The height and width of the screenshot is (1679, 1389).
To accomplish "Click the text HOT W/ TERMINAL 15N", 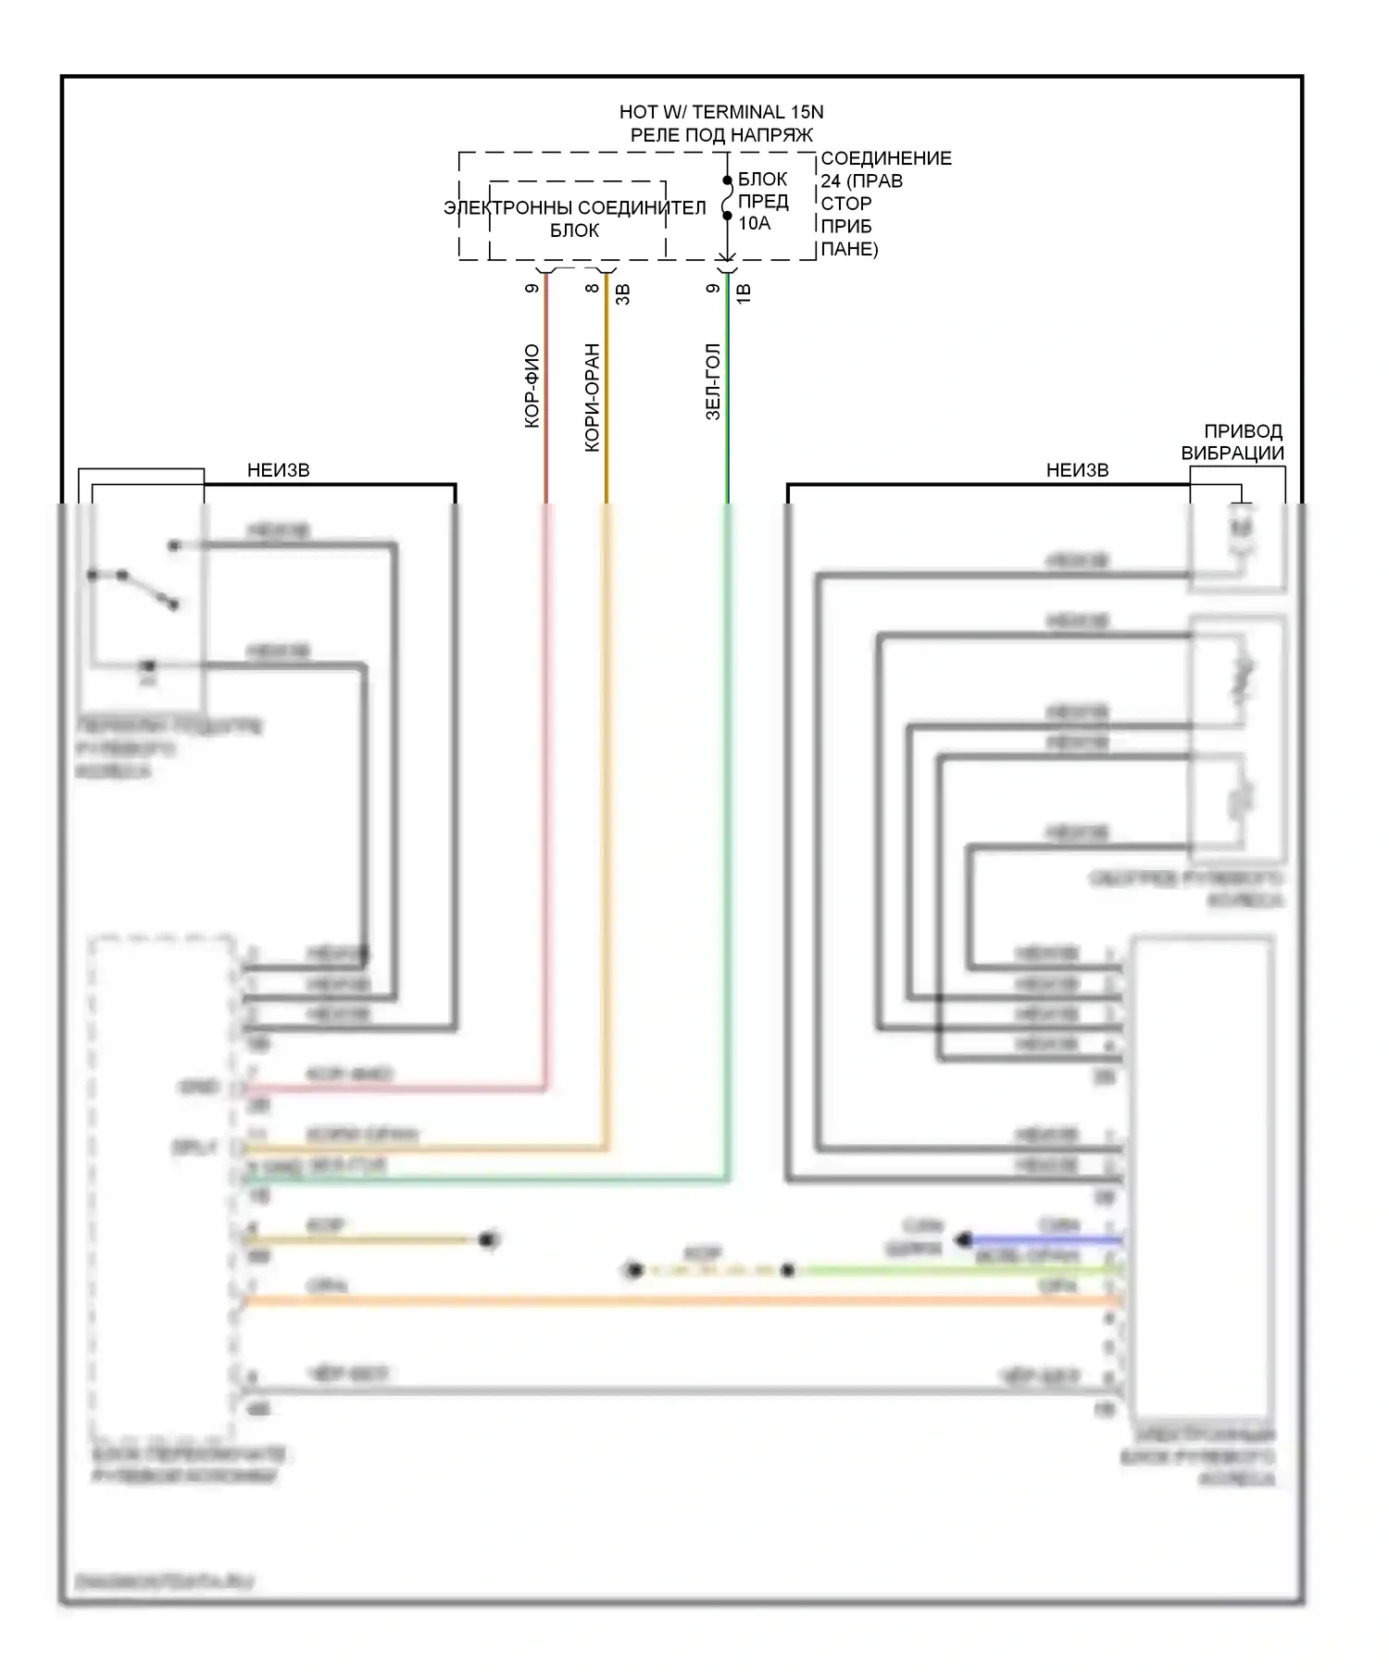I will tap(720, 112).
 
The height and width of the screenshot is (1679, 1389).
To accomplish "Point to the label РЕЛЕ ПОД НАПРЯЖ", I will tap(720, 135).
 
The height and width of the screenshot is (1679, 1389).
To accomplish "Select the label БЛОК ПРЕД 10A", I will tap(763, 201).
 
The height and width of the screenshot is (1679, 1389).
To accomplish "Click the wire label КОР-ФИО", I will tap(532, 386).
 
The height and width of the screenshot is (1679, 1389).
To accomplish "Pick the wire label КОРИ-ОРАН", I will tap(593, 398).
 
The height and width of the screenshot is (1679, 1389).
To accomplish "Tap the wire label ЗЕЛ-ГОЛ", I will tap(713, 382).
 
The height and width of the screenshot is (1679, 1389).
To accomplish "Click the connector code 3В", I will tap(623, 293).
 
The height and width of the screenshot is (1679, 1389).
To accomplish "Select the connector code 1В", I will tap(744, 293).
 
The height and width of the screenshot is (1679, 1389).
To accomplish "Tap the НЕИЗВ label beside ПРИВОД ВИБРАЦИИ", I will tap(1077, 470).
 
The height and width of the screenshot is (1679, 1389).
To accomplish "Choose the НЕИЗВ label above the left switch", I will tap(278, 470).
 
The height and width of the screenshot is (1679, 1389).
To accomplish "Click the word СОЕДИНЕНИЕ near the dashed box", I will tap(886, 158).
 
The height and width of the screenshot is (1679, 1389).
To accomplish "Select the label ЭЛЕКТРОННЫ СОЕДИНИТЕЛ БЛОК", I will tap(575, 219).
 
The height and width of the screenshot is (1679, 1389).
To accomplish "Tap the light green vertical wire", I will tap(728, 833).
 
